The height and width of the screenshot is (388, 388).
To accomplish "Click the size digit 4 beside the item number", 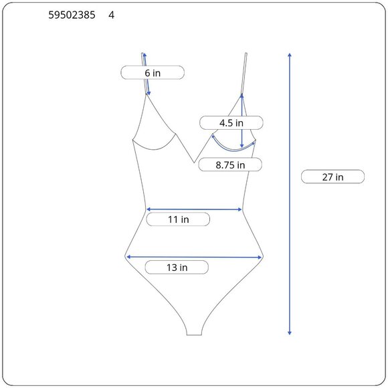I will point(111,14).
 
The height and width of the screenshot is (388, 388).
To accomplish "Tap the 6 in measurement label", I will point(153,72).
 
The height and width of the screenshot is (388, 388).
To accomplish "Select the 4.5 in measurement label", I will point(231,122).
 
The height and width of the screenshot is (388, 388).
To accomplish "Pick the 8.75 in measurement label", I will point(230,164).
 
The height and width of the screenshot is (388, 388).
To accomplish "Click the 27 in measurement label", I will point(332,177).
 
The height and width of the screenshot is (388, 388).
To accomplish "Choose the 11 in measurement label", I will point(178,219).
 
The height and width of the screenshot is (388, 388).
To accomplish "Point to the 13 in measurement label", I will point(177,268).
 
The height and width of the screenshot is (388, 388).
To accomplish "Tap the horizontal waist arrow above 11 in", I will point(194,209).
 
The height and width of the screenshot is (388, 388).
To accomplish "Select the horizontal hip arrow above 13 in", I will point(194,256).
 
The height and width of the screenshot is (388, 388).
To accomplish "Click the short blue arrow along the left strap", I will point(146,74).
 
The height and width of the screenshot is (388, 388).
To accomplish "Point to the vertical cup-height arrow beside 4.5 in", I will point(241,120).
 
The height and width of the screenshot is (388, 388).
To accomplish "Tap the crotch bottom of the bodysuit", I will point(194,332).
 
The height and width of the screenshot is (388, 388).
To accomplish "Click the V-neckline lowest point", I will point(194,163).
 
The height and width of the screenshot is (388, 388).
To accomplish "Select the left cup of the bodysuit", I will point(155,127).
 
